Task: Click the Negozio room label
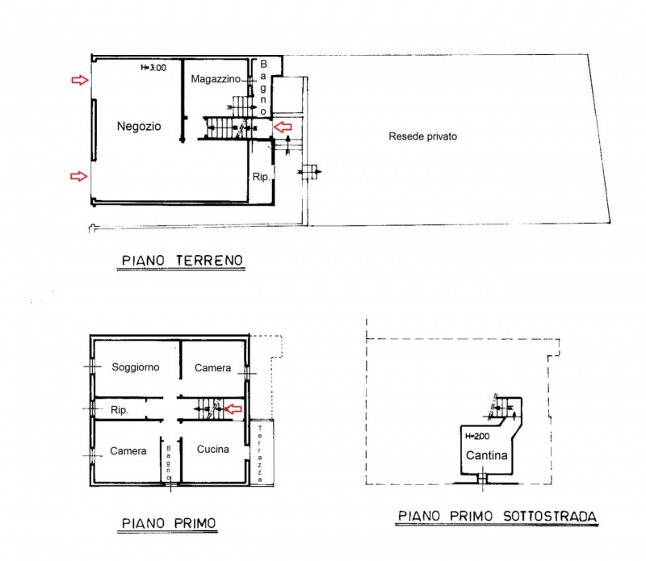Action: pyautogui.click(x=139, y=127)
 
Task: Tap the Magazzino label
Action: pyautogui.click(x=216, y=79)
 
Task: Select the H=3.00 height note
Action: pyautogui.click(x=153, y=68)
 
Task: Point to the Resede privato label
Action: pyautogui.click(x=422, y=136)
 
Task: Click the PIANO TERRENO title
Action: pyautogui.click(x=182, y=261)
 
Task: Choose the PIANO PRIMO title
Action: pyautogui.click(x=169, y=523)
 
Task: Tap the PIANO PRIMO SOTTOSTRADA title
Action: pyautogui.click(x=497, y=516)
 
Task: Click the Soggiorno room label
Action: pyautogui.click(x=136, y=367)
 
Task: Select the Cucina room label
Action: pyautogui.click(x=213, y=449)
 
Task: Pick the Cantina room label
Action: pyautogui.click(x=487, y=455)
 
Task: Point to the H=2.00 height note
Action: pyautogui.click(x=477, y=436)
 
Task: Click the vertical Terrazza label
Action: pyautogui.click(x=260, y=454)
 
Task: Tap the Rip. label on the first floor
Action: pyautogui.click(x=120, y=410)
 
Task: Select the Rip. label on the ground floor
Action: pyautogui.click(x=261, y=177)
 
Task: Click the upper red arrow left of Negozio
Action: pyautogui.click(x=80, y=80)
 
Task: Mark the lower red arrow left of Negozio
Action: pyautogui.click(x=78, y=176)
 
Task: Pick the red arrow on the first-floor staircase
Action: pyautogui.click(x=233, y=408)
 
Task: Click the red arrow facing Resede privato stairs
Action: pyautogui.click(x=283, y=127)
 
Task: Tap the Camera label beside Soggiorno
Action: pyautogui.click(x=212, y=368)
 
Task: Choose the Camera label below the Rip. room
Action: pyautogui.click(x=128, y=451)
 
